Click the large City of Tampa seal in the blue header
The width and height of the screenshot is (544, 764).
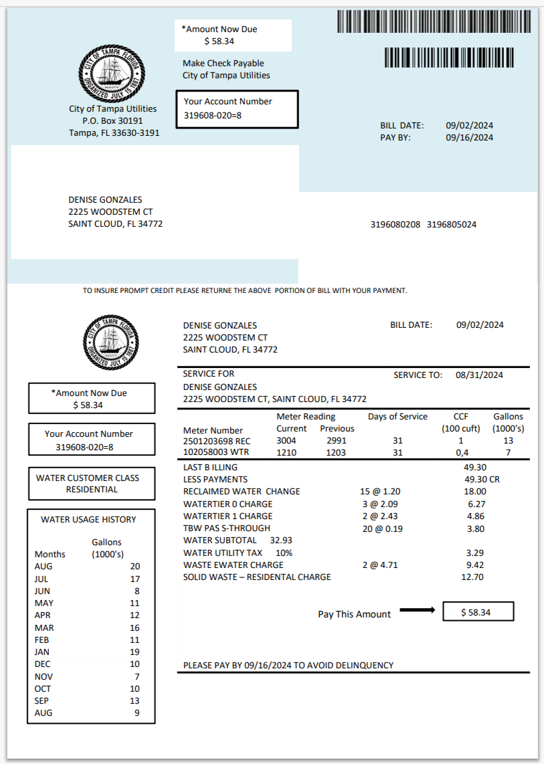(112, 74)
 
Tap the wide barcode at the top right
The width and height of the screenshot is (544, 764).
(436, 22)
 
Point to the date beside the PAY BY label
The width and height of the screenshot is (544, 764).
(469, 137)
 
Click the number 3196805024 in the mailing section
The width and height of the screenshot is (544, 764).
(452, 225)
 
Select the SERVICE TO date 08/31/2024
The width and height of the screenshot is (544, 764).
(479, 375)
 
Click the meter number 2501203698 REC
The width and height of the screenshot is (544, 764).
(215, 441)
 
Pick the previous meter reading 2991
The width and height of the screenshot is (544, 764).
(337, 441)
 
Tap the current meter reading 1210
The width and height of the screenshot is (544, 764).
(286, 453)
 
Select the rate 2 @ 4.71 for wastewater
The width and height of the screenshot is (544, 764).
(379, 565)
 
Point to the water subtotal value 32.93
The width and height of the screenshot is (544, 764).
(281, 540)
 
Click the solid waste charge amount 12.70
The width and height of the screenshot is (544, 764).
(472, 577)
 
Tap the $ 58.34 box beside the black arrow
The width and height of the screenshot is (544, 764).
(478, 612)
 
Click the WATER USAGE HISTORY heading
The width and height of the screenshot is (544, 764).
(88, 519)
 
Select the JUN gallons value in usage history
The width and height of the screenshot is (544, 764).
(136, 591)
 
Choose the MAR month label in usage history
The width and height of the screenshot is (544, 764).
(44, 628)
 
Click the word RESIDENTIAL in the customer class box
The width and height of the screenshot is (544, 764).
(92, 489)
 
